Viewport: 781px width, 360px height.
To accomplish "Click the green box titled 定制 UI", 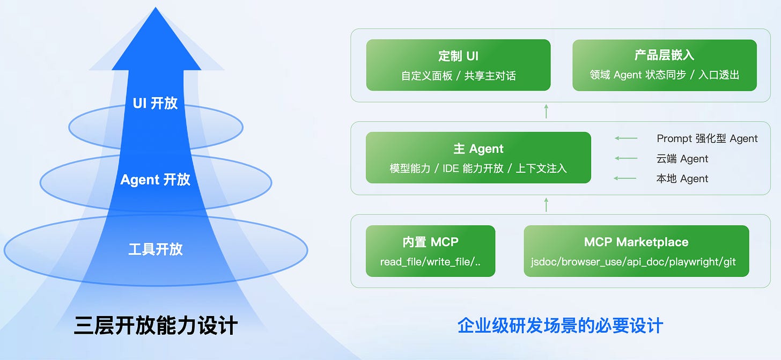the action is point(458,65).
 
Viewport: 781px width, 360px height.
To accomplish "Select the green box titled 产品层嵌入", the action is point(664,65).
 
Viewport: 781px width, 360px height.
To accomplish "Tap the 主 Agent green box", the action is point(478,158).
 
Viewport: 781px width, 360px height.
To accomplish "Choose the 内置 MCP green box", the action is point(430,251).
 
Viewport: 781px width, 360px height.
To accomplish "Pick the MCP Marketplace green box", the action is point(636,251).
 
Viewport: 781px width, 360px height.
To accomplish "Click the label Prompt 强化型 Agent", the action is point(707,138).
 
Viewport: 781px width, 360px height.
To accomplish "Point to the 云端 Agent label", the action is point(682,159).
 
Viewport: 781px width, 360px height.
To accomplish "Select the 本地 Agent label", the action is point(682,179).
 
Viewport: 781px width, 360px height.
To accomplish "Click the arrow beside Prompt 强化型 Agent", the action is point(626,138).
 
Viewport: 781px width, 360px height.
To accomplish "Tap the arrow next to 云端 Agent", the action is point(626,158).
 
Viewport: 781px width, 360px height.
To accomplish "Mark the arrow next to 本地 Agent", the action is point(626,178).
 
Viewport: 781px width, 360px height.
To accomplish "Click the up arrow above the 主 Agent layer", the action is point(546,111).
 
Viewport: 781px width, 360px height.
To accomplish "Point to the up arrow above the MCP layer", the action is point(546,204).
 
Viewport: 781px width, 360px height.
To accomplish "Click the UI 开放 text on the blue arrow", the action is point(155,103).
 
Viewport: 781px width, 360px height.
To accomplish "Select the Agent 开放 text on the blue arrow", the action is point(155,179).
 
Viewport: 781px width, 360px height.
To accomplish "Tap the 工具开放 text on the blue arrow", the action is point(155,249).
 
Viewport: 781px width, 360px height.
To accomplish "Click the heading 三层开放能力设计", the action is point(156,326).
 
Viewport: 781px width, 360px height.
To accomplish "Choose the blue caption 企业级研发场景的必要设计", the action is point(560,325).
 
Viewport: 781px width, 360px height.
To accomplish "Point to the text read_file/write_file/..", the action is point(430,262).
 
